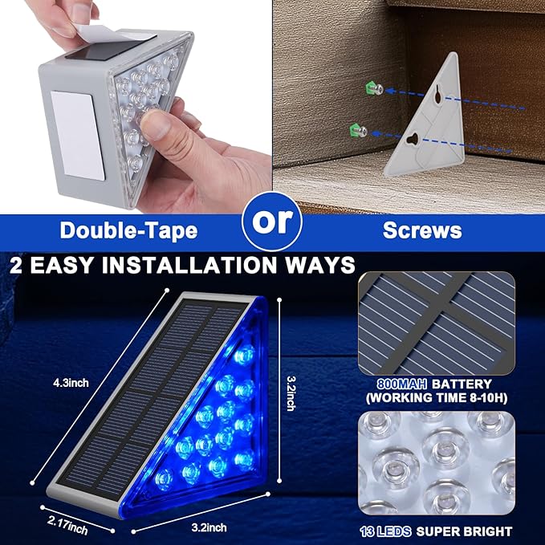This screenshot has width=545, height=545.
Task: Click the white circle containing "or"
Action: click(272, 222)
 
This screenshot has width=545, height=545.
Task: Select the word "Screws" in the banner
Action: click(421, 231)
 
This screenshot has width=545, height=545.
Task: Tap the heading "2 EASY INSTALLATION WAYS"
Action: click(182, 266)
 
